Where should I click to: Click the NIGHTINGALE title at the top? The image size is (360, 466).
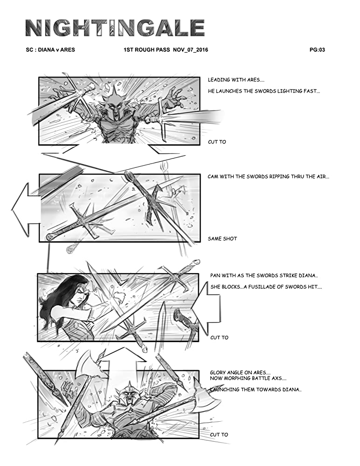(115, 28)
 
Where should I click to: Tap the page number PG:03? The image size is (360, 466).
(317, 50)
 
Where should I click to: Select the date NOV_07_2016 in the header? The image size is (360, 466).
(190, 50)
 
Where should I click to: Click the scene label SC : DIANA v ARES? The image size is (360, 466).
(50, 50)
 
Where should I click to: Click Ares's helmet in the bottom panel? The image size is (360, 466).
(129, 393)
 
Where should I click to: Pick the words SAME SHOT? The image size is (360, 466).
(222, 238)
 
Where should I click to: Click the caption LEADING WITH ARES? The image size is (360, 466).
(236, 80)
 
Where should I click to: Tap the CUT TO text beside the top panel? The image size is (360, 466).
(217, 142)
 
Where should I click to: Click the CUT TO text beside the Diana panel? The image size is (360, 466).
(219, 337)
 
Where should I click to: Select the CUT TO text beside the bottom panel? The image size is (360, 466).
(219, 434)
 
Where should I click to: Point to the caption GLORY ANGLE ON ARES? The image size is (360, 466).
(241, 372)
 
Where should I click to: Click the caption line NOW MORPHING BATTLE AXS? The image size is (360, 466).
(248, 378)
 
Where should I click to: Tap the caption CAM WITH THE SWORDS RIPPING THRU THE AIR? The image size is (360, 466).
(268, 177)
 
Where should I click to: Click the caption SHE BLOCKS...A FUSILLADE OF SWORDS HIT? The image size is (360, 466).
(266, 287)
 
